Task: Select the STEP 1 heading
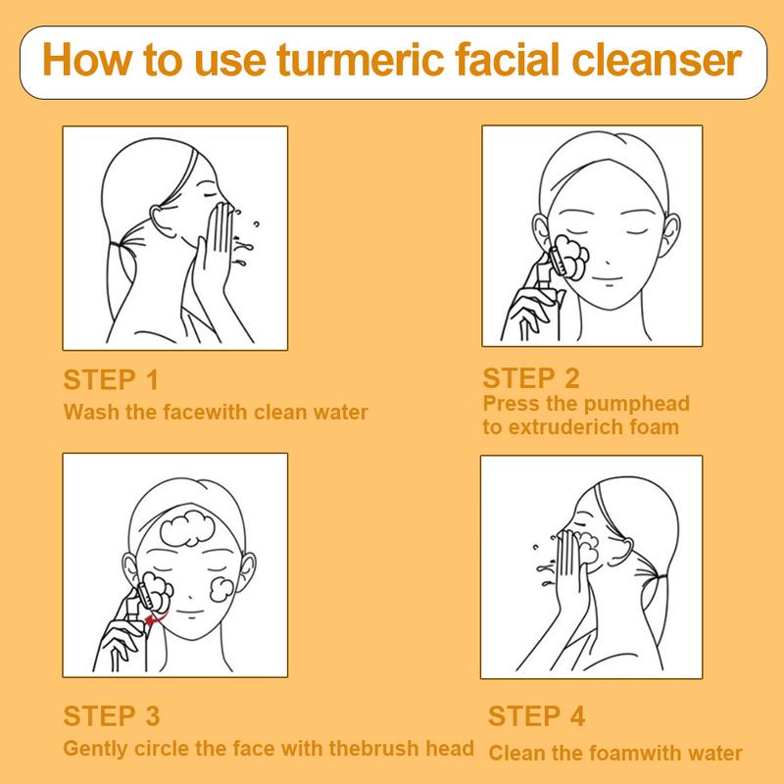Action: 110,380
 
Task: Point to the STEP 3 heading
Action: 111,715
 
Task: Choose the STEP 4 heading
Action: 536,715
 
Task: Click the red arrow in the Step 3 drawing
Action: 152,618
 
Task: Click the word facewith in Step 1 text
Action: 190,412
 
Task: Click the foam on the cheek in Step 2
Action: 571,256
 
